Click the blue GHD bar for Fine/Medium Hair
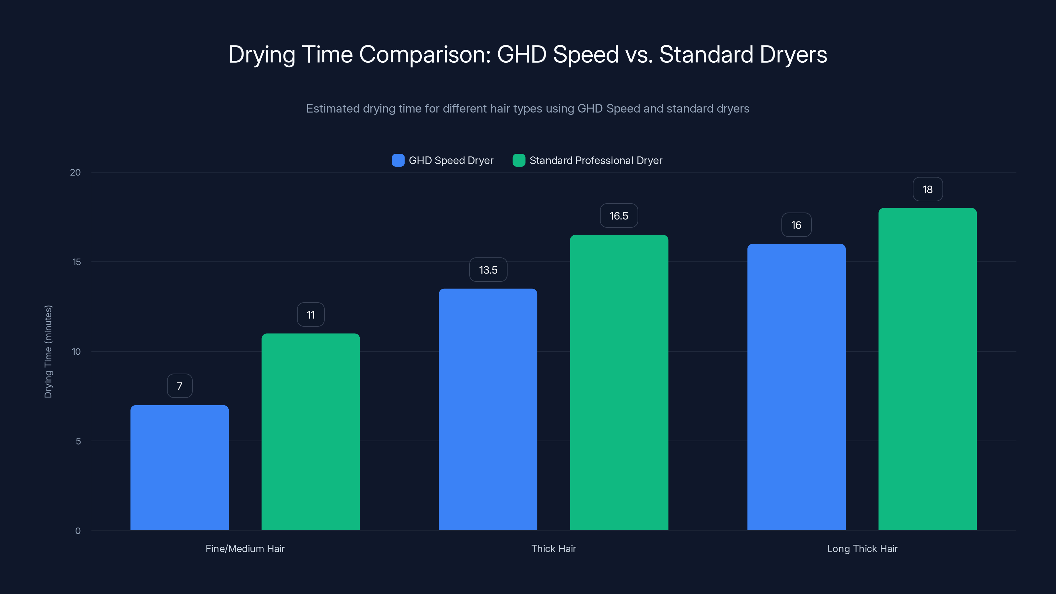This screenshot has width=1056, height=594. [x=180, y=467]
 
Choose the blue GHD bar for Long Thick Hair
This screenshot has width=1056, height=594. [x=796, y=387]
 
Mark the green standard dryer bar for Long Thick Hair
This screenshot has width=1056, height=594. [x=927, y=369]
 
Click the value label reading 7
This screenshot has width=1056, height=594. [x=180, y=386]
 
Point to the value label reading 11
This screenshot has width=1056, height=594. [x=311, y=314]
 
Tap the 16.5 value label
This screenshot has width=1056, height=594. [x=619, y=215]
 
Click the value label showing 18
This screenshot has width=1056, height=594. [x=928, y=189]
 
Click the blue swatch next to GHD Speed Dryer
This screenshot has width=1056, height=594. [x=398, y=160]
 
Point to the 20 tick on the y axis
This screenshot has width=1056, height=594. [x=76, y=172]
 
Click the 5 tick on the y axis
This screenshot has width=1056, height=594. [x=78, y=441]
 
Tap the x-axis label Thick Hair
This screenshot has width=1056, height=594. [x=553, y=548]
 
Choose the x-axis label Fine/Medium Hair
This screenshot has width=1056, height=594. [x=245, y=548]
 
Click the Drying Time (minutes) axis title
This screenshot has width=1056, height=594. [x=49, y=351]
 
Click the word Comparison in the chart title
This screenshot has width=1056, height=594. [x=425, y=54]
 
